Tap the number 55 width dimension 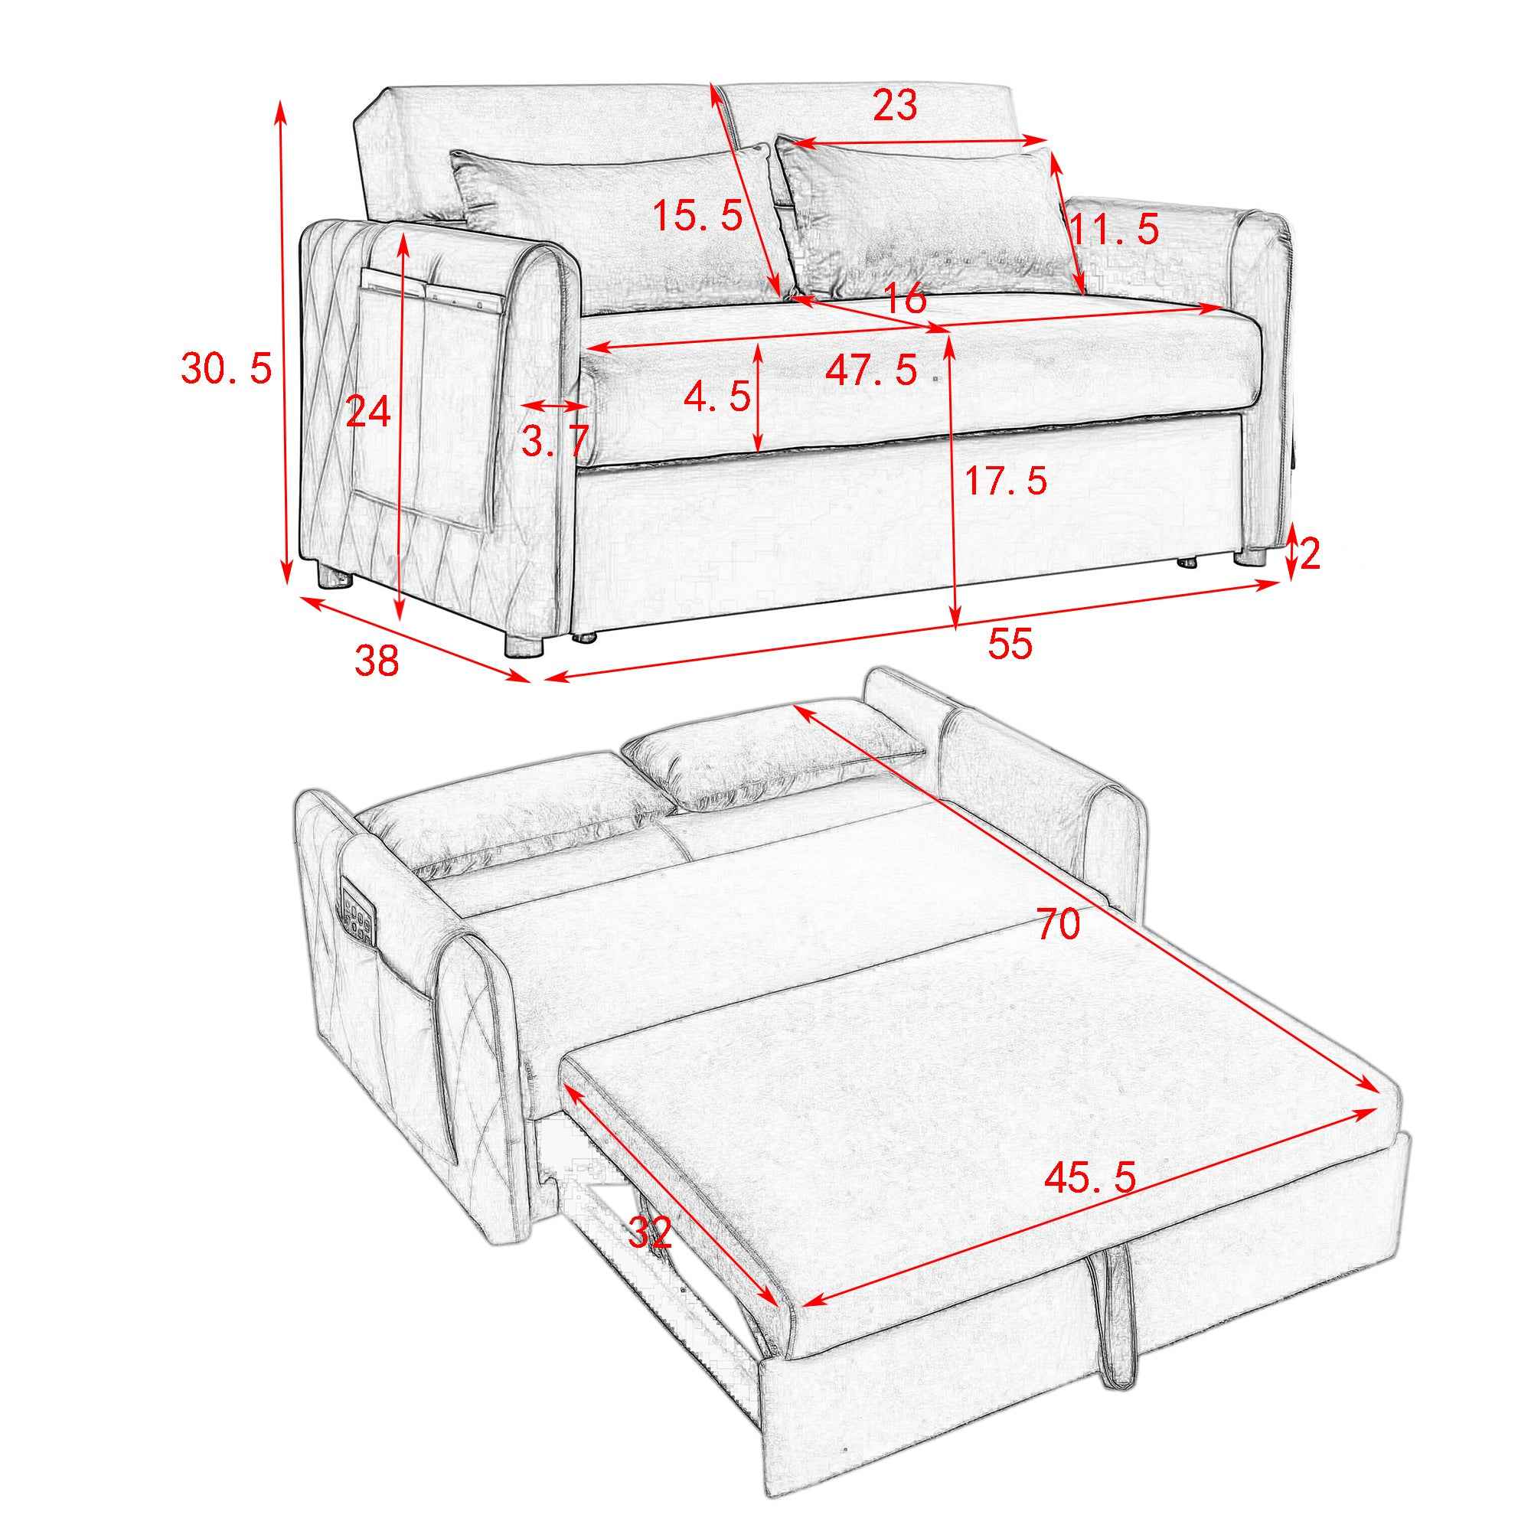[1010, 643]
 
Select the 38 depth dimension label [377, 659]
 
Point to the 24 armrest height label [368, 412]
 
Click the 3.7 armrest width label [555, 441]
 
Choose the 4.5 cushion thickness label [717, 396]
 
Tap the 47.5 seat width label [872, 369]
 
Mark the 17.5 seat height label [1006, 480]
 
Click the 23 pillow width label [895, 106]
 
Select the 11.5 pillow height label [1114, 229]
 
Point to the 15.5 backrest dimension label [697, 216]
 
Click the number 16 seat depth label [903, 299]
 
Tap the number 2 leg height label [1311, 554]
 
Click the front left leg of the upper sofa [524, 642]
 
